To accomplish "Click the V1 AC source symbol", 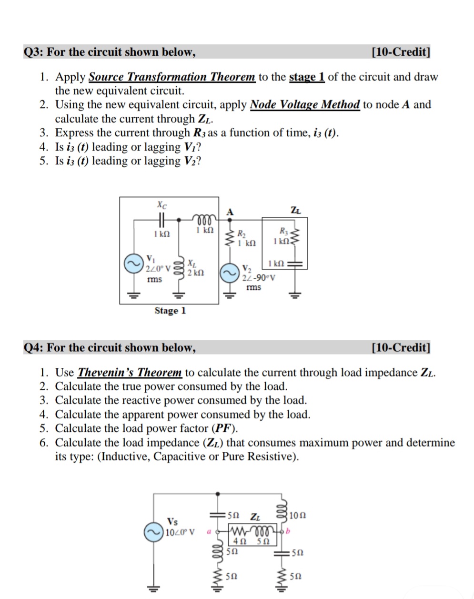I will pyautogui.click(x=133, y=264).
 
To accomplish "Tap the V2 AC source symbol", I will pyautogui.click(x=229, y=273).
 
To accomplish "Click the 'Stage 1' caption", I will pyautogui.click(x=170, y=311).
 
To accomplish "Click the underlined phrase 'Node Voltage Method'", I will pyautogui.click(x=304, y=104).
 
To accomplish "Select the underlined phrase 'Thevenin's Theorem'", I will pyautogui.click(x=130, y=372).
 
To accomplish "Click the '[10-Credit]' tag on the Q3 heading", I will pyautogui.click(x=401, y=52).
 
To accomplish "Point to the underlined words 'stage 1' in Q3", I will pyautogui.click(x=307, y=77).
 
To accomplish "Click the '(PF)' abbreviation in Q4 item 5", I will pyautogui.click(x=224, y=428).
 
